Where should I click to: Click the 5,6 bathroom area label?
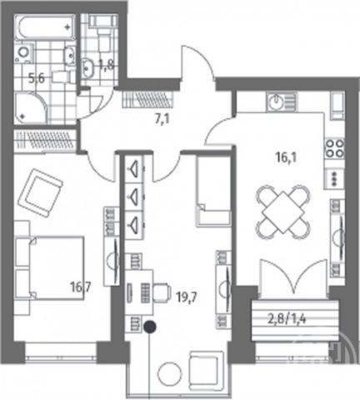(37, 79)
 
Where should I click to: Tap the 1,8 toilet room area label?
(106, 66)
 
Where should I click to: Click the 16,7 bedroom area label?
(81, 287)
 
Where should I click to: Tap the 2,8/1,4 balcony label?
(287, 319)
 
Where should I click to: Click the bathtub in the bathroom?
(44, 27)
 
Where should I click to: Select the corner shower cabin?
(31, 107)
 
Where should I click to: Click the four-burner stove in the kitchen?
(334, 148)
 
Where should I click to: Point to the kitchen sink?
(282, 102)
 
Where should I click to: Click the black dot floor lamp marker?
(150, 327)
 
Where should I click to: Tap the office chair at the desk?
(162, 292)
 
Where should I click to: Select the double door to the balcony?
(293, 277)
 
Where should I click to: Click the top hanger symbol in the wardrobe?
(134, 168)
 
